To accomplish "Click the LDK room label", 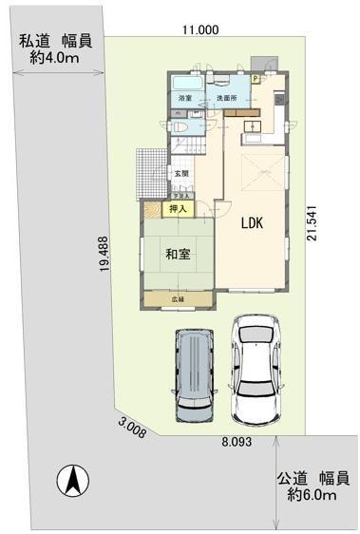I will pyautogui.click(x=251, y=224).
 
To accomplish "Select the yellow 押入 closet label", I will pyautogui.click(x=179, y=208).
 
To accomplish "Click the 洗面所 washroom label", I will pyautogui.click(x=225, y=98).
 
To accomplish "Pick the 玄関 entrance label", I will pyautogui.click(x=180, y=173).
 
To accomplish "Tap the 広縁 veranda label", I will pyautogui.click(x=178, y=300).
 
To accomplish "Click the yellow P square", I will pyautogui.click(x=255, y=80).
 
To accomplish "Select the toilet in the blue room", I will pyautogui.click(x=180, y=124).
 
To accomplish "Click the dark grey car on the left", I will pyautogui.click(x=193, y=375).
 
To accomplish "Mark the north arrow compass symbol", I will pyautogui.click(x=70, y=482).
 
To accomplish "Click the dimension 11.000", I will pyautogui.click(x=200, y=30).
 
